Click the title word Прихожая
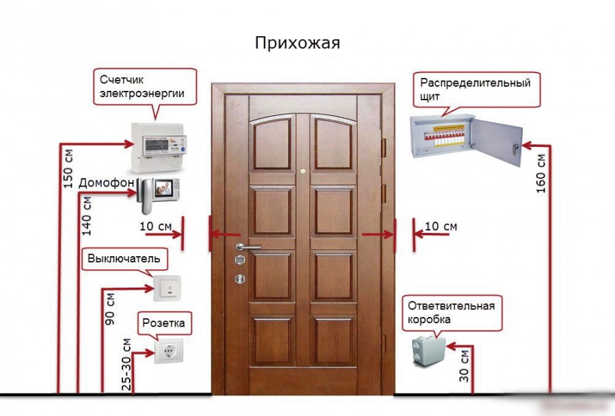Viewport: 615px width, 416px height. (x=297, y=43)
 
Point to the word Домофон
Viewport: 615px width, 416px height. (x=106, y=183)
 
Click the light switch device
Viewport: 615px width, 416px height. (x=166, y=288)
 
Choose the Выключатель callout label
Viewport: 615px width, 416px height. (x=124, y=259)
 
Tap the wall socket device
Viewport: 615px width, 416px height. (x=167, y=351)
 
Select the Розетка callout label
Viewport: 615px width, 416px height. (x=163, y=322)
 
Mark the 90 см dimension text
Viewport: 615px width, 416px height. (x=109, y=309)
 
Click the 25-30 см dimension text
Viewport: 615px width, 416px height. (x=126, y=364)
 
